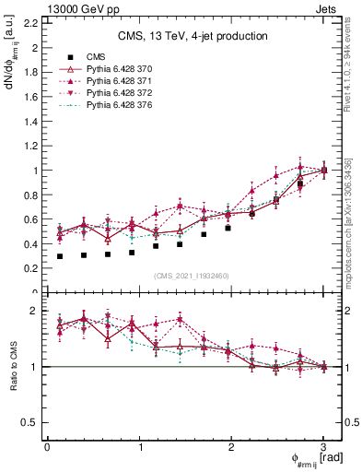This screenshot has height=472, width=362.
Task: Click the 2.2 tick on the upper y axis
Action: pyautogui.click(x=30, y=23)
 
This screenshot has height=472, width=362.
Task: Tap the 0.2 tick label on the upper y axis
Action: pyautogui.click(x=30, y=268)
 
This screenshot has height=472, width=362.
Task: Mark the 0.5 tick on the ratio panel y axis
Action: pyautogui.click(x=30, y=422)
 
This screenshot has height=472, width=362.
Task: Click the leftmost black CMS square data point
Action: pyautogui.click(x=61, y=256)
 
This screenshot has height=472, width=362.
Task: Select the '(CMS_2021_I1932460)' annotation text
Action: pyautogui.click(x=192, y=277)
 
